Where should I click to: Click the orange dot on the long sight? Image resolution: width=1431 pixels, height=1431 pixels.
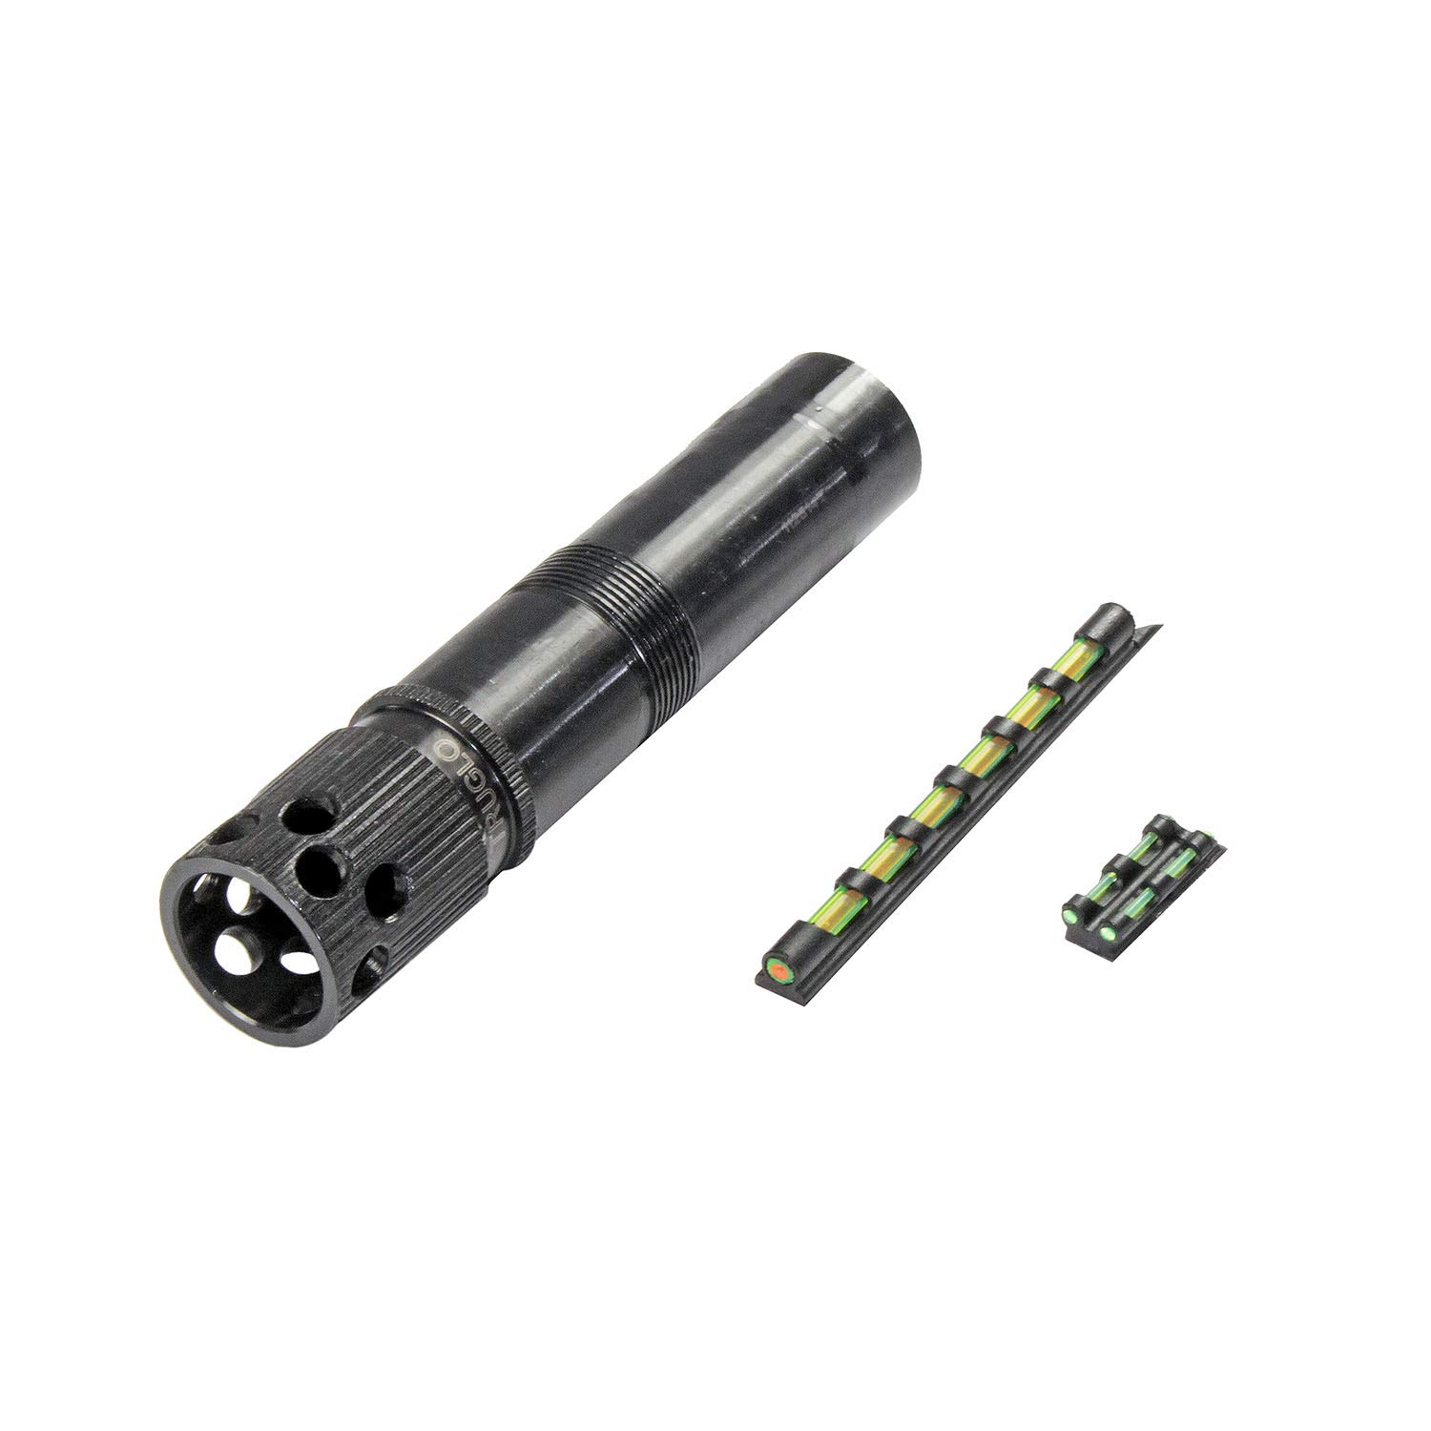coord(779,970)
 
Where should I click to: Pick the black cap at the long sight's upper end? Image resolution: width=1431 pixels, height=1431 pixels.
coord(1115,621)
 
